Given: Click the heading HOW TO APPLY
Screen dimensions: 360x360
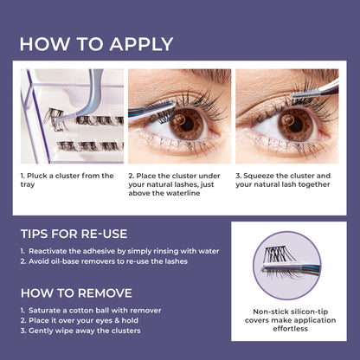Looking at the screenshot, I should point(96,44).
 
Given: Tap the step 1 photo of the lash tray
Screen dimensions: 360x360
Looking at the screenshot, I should point(72,116).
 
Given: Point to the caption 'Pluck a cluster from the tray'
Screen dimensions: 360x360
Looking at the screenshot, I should point(67,181).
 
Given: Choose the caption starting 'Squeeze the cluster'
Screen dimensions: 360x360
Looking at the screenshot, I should point(286,181).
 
